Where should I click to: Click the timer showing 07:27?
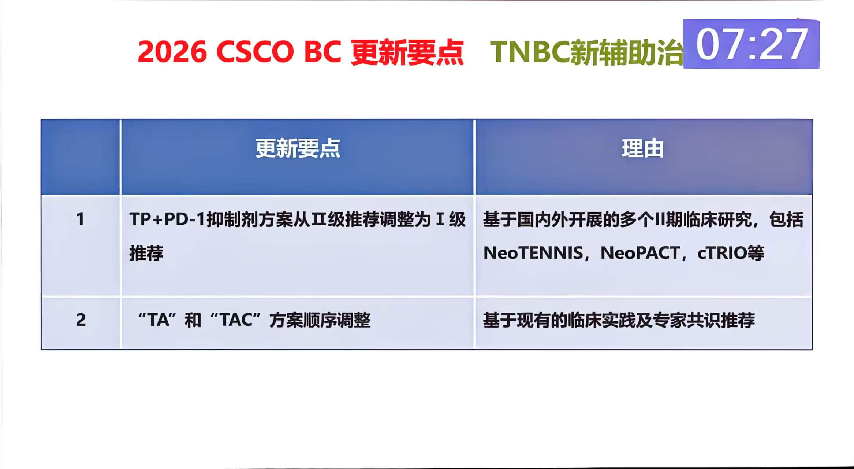pos(751,44)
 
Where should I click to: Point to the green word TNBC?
pos(529,52)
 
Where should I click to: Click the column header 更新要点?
pos(298,148)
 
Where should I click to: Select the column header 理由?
pos(643,148)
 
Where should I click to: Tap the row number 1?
pos(80,219)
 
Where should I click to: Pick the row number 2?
pos(81,320)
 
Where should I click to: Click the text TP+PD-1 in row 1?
pos(167,219)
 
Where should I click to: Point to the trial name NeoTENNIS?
pos(533,253)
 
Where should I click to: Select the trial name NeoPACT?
pos(640,253)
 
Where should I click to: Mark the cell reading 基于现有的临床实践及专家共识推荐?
pos(619,320)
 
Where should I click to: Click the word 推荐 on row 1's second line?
pos(146,253)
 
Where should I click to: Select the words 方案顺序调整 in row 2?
pos(320,320)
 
